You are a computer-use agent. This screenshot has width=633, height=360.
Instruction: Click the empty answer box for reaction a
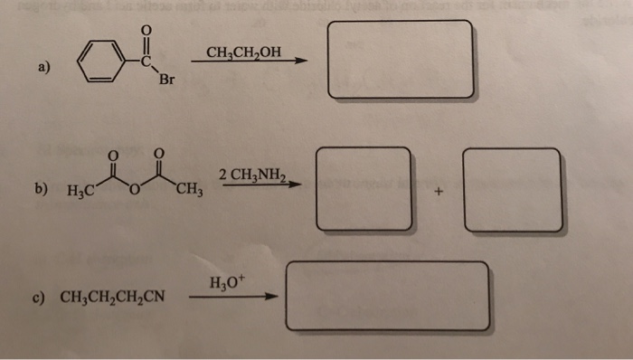401,60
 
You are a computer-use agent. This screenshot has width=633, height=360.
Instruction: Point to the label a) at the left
44,67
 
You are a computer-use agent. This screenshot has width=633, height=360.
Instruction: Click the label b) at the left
41,190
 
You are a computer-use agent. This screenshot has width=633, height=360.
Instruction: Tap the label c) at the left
41,296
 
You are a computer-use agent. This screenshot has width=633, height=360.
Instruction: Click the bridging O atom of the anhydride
133,189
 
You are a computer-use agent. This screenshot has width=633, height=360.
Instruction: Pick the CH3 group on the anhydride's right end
190,189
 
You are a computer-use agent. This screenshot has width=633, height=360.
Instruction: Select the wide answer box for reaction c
387,296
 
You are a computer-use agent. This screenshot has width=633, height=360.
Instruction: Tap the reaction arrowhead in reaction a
301,62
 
